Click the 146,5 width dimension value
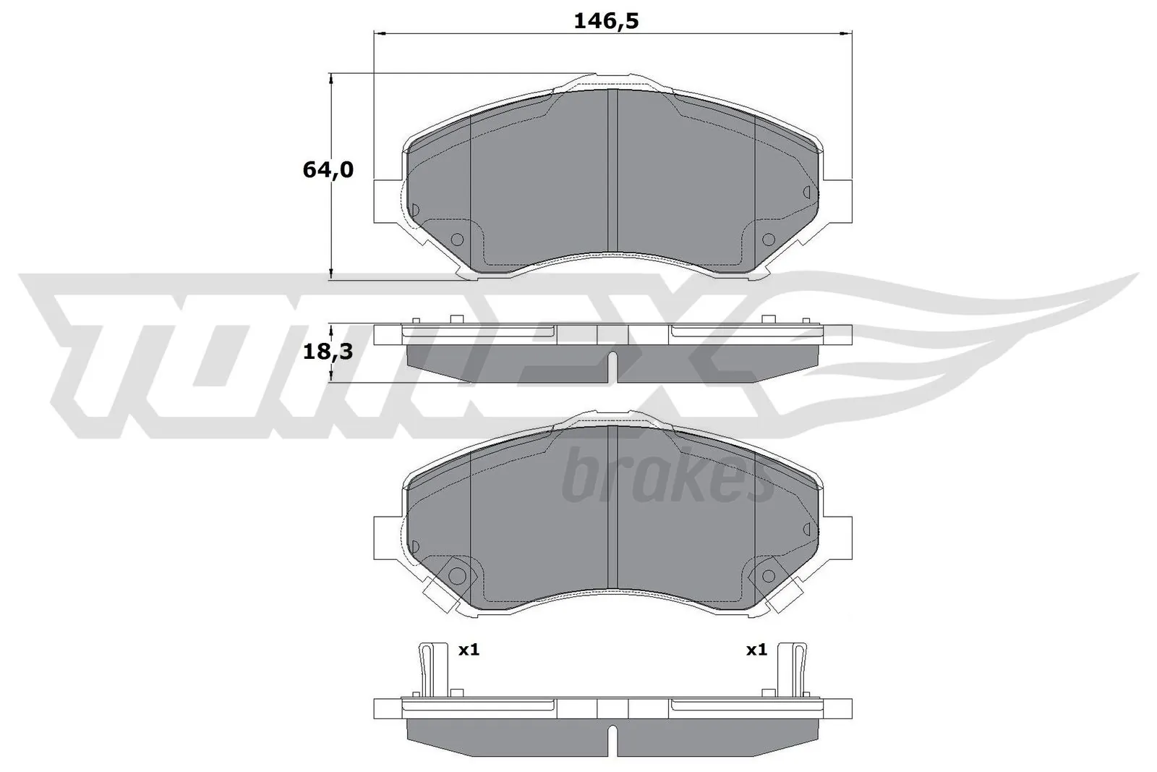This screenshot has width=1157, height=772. point(606,22)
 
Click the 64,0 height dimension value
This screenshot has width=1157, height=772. point(328,170)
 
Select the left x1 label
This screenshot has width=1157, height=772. point(469,650)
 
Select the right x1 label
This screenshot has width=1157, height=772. point(756,650)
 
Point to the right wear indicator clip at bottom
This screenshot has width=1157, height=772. point(798,669)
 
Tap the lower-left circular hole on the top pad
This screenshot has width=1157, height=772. point(457,239)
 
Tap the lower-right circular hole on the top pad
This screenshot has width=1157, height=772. point(768,239)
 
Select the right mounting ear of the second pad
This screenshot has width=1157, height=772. point(839,537)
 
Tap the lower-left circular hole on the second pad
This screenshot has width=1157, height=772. point(457,576)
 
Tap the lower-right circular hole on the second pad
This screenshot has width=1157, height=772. point(768,576)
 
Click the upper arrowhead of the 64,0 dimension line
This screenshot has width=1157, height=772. point(331,78)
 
